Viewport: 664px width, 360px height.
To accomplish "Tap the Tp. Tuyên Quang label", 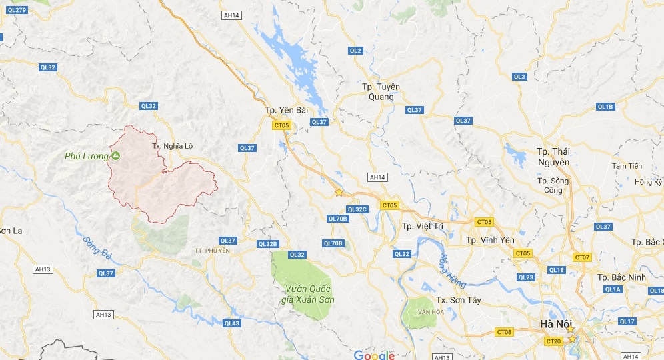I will tap(377, 92).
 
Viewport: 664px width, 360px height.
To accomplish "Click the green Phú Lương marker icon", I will tap(115, 156).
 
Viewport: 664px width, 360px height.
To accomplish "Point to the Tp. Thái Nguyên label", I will tap(553, 156).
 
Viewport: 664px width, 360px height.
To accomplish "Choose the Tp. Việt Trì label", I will tap(423, 226).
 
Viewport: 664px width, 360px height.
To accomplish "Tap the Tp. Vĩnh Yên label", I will tap(490, 239).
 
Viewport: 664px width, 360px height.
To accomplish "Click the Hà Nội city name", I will tap(556, 324).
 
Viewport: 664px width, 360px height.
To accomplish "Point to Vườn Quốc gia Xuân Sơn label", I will tap(307, 294).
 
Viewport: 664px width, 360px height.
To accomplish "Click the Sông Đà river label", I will tap(97, 247).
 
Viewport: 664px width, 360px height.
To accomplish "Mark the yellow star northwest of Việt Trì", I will tap(339, 192).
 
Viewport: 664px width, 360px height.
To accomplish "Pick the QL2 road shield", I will tap(355, 51).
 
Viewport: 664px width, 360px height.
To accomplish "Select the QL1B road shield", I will tap(605, 107).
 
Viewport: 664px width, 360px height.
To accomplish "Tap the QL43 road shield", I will tap(231, 323).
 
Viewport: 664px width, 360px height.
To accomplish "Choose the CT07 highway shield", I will tap(582, 257).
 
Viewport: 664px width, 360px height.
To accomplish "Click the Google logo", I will tap(374, 355).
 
